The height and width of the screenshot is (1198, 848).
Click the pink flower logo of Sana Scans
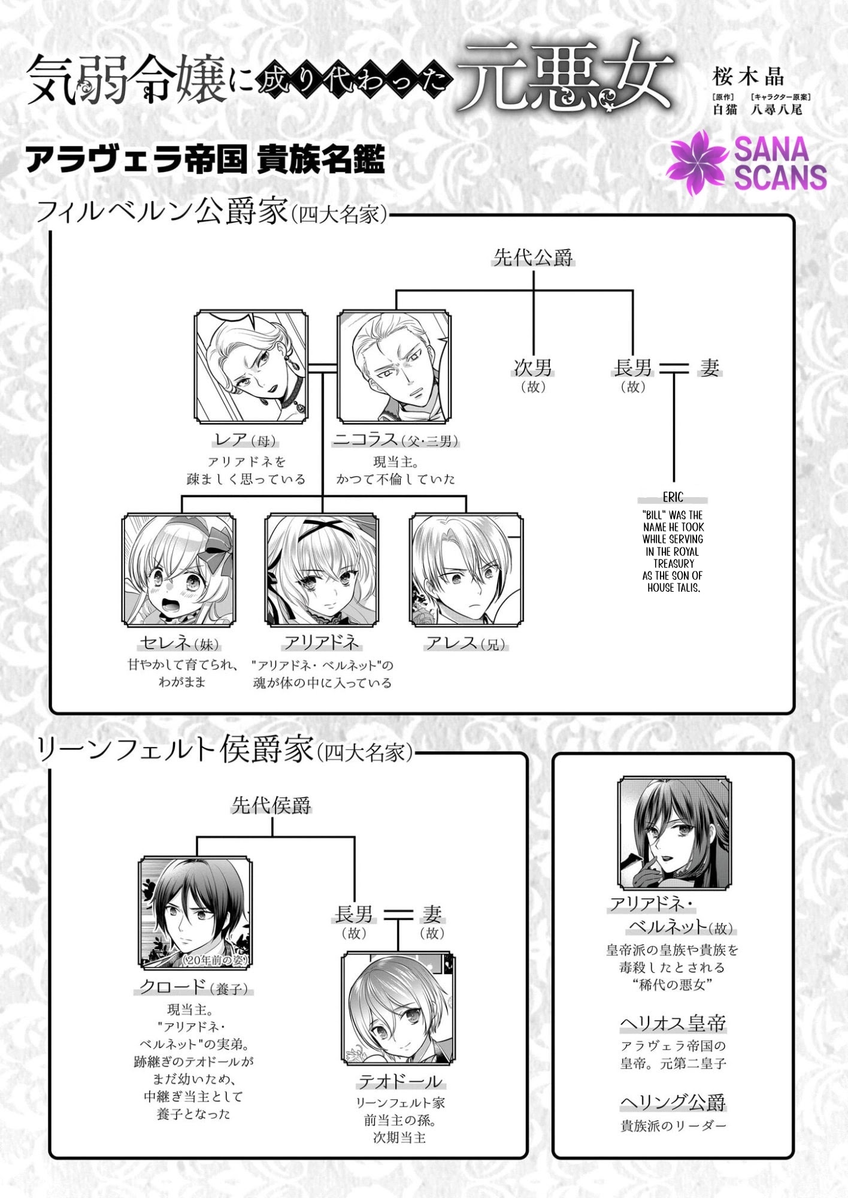click(x=698, y=162)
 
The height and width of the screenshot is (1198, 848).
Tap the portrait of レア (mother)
click(x=251, y=367)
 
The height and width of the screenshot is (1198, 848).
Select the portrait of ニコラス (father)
click(x=394, y=367)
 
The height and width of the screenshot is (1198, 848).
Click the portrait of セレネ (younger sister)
click(x=178, y=570)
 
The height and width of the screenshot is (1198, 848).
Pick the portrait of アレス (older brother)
click(x=466, y=570)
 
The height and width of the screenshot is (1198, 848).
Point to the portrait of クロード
click(x=195, y=913)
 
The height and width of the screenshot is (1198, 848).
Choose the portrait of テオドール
click(x=398, y=1009)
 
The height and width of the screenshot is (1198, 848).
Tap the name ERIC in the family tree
click(x=673, y=497)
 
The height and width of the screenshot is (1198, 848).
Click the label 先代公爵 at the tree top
click(x=533, y=258)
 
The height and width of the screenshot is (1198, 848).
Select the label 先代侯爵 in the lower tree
click(x=272, y=806)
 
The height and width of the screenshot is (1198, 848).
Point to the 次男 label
click(x=533, y=367)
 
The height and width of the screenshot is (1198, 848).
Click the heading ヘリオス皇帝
click(x=673, y=1024)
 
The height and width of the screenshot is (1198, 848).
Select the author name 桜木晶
click(x=748, y=77)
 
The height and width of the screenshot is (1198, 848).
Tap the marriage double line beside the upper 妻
click(x=675, y=368)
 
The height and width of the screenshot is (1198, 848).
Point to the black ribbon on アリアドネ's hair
click(x=322, y=530)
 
